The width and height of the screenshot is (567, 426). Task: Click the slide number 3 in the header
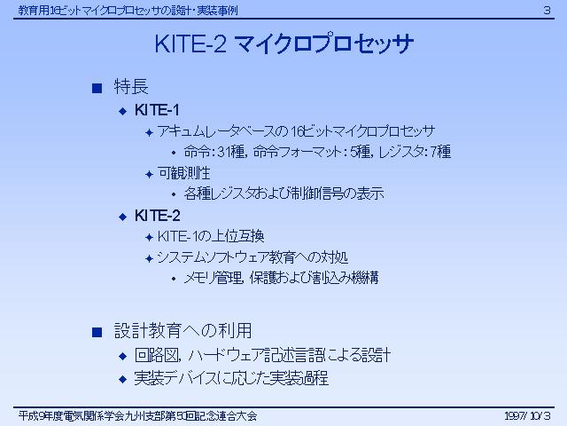pyautogui.click(x=547, y=10)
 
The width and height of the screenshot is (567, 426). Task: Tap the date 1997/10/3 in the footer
pyautogui.click(x=528, y=415)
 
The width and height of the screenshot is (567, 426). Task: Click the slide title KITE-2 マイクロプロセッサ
pyautogui.click(x=284, y=43)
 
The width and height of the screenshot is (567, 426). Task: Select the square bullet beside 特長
pyautogui.click(x=97, y=88)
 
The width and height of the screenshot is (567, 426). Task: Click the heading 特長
pyautogui.click(x=131, y=87)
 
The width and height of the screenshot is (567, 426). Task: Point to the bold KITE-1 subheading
pyautogui.click(x=157, y=110)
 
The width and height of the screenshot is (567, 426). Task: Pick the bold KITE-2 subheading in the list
pyautogui.click(x=158, y=216)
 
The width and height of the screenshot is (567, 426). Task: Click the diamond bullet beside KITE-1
pyautogui.click(x=123, y=111)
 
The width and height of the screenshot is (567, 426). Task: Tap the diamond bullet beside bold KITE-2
pyautogui.click(x=123, y=217)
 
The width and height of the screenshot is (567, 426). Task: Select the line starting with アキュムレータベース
pyautogui.click(x=296, y=131)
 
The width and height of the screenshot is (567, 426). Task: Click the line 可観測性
pyautogui.click(x=183, y=173)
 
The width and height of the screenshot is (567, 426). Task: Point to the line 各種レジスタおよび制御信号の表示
pyautogui.click(x=283, y=193)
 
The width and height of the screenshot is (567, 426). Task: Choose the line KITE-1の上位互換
pyautogui.click(x=211, y=237)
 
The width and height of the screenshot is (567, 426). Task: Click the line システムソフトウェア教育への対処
pyautogui.click(x=252, y=257)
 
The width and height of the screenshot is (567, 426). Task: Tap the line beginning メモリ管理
pyautogui.click(x=282, y=278)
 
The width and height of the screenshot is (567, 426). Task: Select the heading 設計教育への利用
pyautogui.click(x=183, y=331)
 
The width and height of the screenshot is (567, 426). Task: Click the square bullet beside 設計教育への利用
pyautogui.click(x=97, y=332)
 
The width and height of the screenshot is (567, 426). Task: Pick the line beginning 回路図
pyautogui.click(x=262, y=355)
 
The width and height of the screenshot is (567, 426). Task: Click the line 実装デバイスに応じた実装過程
pyautogui.click(x=231, y=378)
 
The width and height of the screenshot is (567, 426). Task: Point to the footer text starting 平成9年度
pyautogui.click(x=138, y=416)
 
